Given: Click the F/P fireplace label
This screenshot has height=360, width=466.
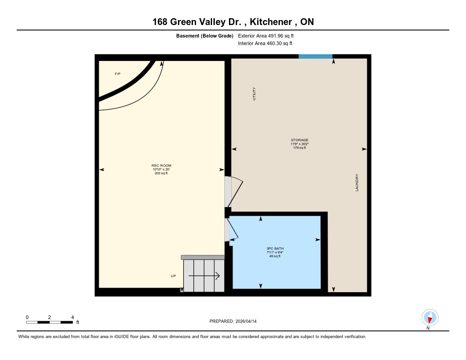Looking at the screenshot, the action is click(117, 74).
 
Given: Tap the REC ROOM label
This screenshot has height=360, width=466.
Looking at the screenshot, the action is click(162, 166).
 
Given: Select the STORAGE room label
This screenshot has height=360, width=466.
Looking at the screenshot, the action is click(299, 140).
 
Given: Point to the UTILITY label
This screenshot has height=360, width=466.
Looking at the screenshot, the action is click(254, 94).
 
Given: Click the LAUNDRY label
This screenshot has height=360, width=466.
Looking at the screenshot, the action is click(357, 183).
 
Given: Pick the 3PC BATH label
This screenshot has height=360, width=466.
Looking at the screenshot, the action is click(275, 248).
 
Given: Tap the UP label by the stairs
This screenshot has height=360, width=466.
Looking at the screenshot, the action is click(173, 276).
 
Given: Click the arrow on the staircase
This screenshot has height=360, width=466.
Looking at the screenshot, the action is click(204, 276).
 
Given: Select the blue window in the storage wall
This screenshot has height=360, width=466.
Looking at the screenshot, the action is click(315, 56).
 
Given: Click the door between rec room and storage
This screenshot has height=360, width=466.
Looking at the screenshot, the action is click(233, 192).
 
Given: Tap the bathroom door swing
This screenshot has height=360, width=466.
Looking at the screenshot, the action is click(232, 230).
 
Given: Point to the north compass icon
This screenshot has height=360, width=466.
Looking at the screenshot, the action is click(430, 318).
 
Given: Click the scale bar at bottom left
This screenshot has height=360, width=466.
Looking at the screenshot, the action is click(49, 322).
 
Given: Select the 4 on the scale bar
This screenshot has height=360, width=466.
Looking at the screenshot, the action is click(72, 317).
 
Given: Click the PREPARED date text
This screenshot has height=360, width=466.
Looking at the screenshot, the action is click(233, 321).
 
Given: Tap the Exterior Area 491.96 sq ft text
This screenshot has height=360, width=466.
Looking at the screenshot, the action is click(266, 35).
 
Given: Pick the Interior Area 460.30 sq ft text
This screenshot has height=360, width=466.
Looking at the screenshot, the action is click(265, 43).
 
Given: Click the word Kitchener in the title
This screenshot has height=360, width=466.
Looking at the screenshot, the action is click(271, 22).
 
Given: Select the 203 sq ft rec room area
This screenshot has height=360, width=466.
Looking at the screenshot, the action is click(161, 173).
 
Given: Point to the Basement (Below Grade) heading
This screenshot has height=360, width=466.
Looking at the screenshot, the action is click(205, 35).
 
